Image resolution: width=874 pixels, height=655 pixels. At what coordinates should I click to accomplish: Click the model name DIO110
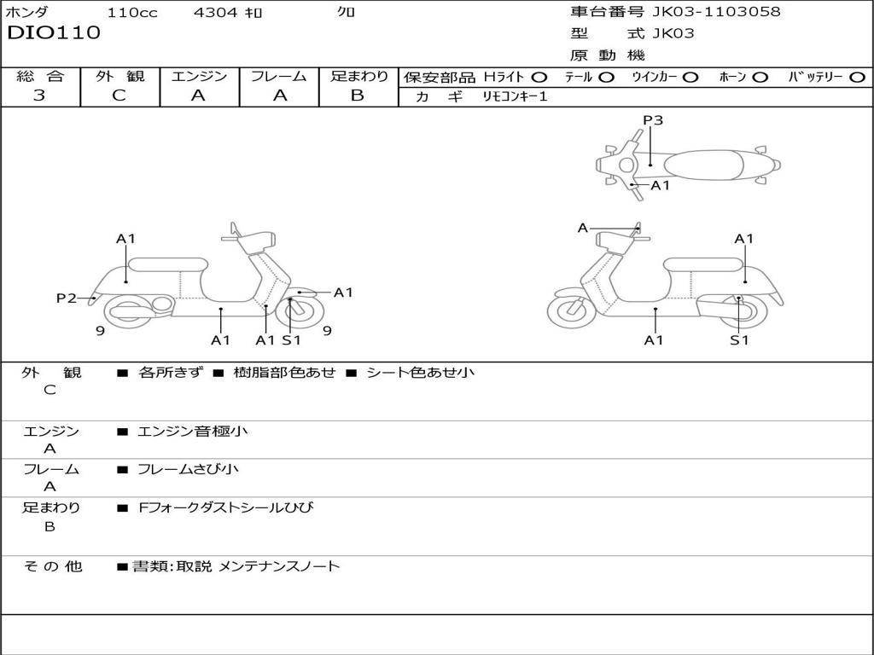54,33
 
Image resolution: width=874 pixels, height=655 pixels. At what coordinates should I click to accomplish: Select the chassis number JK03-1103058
716,12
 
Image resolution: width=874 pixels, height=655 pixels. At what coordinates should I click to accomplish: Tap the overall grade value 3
39,96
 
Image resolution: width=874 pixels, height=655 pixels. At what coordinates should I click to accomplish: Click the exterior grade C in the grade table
119,96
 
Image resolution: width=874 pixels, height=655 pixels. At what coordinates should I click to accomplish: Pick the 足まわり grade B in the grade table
358,96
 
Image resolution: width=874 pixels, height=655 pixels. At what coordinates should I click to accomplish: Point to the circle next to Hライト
539,78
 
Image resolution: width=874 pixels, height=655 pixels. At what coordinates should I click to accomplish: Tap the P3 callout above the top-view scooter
653,120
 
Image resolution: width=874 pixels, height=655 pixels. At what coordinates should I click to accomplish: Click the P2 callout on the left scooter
67,298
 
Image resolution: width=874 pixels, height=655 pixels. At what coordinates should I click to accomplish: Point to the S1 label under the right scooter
739,340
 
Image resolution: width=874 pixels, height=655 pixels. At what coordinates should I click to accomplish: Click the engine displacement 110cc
132,13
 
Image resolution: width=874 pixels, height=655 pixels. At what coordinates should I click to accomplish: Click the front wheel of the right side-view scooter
571,312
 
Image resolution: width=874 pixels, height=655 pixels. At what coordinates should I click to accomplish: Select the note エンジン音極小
193,432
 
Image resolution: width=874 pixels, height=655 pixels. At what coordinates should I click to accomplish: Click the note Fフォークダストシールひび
226,508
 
